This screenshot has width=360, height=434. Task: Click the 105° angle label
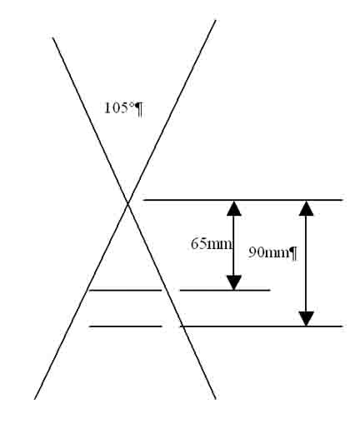[120, 107]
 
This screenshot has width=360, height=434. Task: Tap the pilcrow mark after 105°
[139, 109]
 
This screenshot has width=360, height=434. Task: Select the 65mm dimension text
[211, 244]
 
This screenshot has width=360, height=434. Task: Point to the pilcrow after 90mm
[293, 254]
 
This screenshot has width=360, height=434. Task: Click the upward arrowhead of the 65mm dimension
[234, 208]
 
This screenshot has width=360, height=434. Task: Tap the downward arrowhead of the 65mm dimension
[234, 282]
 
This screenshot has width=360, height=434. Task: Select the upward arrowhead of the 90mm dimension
[306, 208]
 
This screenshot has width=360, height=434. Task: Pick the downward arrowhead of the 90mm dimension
[306, 319]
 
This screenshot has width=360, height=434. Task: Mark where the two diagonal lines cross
[127, 204]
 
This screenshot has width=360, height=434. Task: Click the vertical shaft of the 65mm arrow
[234, 246]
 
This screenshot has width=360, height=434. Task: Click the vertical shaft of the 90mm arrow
[306, 263]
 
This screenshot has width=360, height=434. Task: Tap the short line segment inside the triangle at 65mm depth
[125, 290]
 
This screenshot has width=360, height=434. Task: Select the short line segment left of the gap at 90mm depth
[125, 327]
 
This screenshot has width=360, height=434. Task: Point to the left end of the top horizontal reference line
[143, 200]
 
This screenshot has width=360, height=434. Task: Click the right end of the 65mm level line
[270, 290]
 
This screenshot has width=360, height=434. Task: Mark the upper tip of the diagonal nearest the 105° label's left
[52, 37]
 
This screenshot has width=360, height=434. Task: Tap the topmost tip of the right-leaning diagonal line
[216, 20]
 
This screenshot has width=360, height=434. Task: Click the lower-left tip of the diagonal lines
[34, 399]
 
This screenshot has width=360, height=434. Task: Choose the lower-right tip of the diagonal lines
[216, 399]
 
